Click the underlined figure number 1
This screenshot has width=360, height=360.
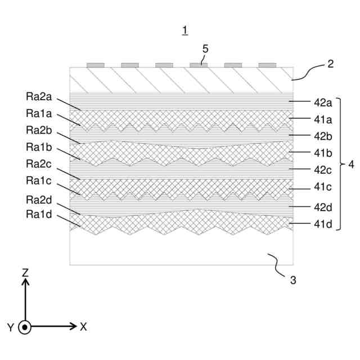coord(185,31)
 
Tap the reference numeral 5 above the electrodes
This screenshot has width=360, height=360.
coord(205,49)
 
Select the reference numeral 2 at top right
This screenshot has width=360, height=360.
coord(331,64)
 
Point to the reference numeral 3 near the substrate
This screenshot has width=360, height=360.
coord(292,280)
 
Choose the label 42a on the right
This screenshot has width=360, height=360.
coord(323,102)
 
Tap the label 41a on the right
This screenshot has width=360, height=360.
coord(323,119)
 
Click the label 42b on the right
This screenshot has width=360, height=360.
coord(323,136)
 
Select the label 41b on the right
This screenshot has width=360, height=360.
coord(323,152)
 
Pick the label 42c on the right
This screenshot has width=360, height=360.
coord(323,169)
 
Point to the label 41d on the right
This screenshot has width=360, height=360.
coord(323,225)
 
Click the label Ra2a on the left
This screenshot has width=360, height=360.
coord(39,96)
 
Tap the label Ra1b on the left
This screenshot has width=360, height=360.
coord(39,147)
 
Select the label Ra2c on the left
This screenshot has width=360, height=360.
coord(39,164)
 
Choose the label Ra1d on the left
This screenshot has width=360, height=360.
coord(39,214)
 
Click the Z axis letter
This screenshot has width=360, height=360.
coord(25,272)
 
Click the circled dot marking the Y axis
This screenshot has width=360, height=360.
coord(25,327)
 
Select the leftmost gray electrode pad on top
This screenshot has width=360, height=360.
coord(95,65)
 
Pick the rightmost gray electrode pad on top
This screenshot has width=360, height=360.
coord(267,65)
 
